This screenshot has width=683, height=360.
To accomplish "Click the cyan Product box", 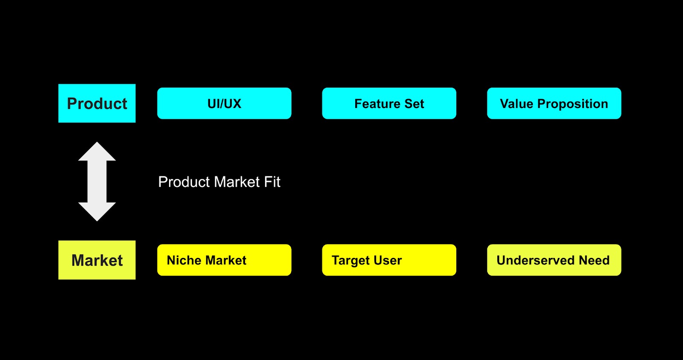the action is (x=97, y=103).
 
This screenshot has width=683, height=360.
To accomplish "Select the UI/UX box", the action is (x=224, y=103).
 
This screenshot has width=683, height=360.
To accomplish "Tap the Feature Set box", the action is (x=389, y=103).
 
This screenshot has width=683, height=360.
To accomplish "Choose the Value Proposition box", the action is (x=554, y=103).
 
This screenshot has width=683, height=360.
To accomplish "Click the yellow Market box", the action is (x=97, y=260).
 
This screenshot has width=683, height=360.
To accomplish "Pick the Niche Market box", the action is (x=224, y=260).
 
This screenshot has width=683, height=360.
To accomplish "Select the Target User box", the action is (x=389, y=260).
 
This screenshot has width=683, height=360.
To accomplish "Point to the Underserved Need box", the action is (x=554, y=260).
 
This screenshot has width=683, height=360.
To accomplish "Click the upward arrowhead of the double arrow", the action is (x=97, y=151).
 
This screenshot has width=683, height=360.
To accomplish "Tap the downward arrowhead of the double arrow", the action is (x=97, y=212).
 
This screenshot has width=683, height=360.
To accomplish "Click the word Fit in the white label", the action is (x=272, y=182).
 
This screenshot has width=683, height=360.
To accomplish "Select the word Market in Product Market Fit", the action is (x=237, y=182).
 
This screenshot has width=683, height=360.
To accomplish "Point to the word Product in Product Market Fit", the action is (x=184, y=182).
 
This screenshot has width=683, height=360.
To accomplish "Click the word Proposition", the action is (x=572, y=104).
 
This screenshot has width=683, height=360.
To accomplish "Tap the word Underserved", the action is (x=536, y=260).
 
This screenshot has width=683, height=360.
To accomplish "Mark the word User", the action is (x=388, y=260).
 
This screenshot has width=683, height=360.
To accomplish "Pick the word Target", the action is (x=351, y=261).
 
